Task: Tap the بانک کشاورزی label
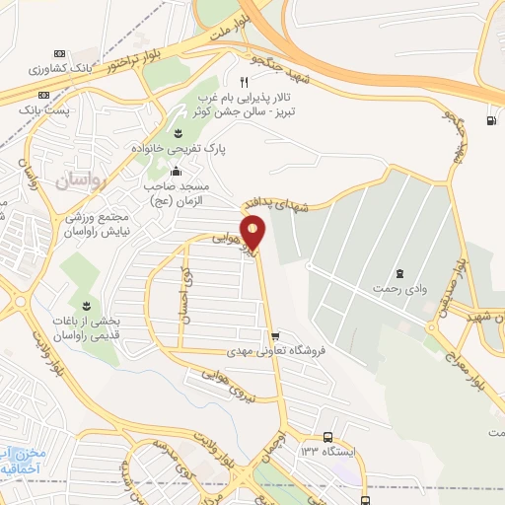62,70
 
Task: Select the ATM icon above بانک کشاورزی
60,53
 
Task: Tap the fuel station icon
490,121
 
